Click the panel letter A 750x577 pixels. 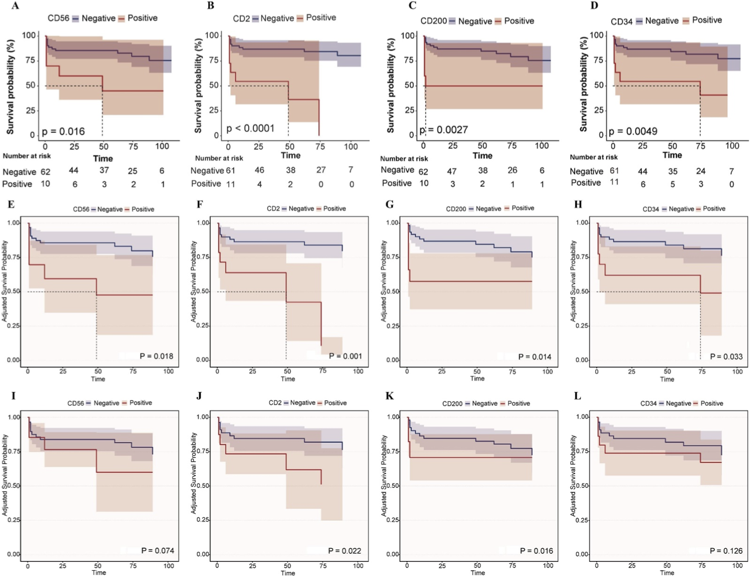[x=15, y=6]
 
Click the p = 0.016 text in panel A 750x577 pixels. [x=63, y=132]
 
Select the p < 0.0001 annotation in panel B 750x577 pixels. [x=251, y=128]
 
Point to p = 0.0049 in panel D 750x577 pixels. [x=633, y=132]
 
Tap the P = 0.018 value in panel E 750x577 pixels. [x=157, y=356]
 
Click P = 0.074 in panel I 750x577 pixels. [x=157, y=550]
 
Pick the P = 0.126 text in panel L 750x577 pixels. [x=726, y=551]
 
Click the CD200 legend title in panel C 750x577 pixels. [x=433, y=21]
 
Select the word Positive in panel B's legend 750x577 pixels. [x=321, y=18]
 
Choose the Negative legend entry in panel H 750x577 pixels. [x=681, y=209]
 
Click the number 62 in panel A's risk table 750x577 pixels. [x=45, y=172]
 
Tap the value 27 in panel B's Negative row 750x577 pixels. [x=321, y=170]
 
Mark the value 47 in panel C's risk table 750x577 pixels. [x=452, y=171]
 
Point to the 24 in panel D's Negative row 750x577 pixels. [x=701, y=171]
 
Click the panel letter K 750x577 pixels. [x=389, y=396]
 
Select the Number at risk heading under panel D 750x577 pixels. [x=593, y=157]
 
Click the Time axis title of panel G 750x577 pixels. [x=477, y=379]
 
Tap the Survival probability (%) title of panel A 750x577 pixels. [x=11, y=87]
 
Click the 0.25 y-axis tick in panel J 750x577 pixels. [x=203, y=520]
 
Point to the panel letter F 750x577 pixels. [x=200, y=205]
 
